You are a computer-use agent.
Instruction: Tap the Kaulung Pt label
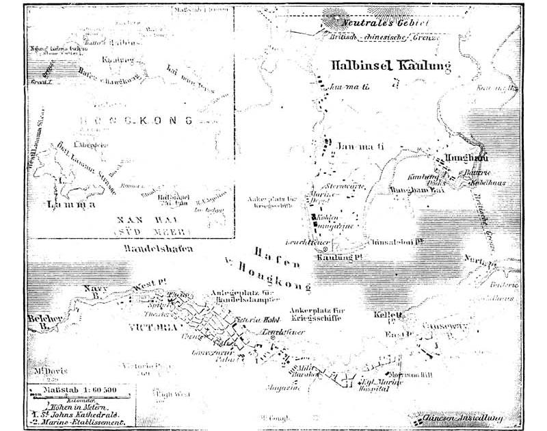tap(338, 257)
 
